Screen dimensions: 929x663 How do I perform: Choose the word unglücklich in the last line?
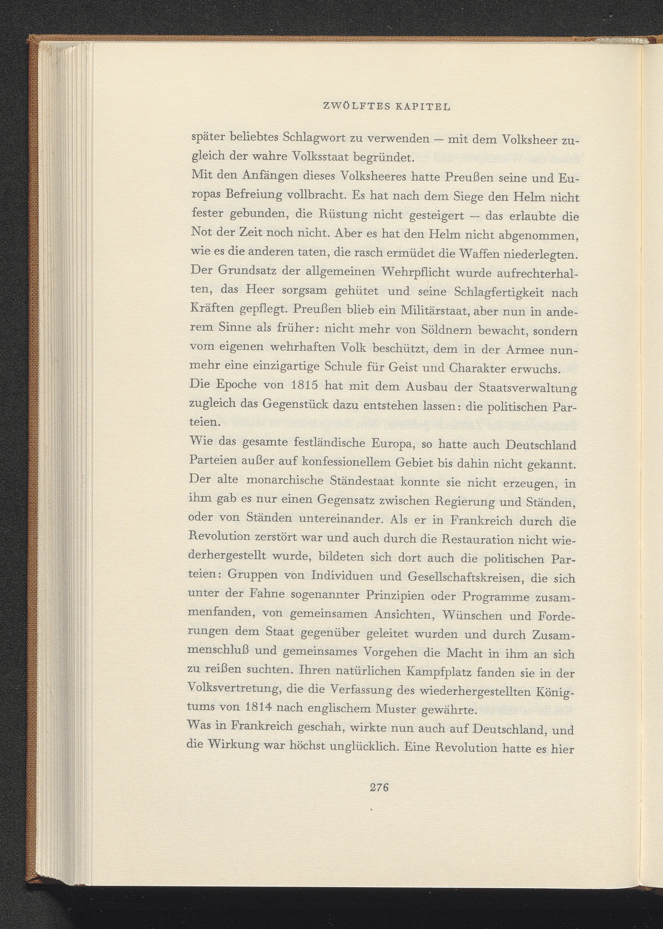(x=365, y=747)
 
